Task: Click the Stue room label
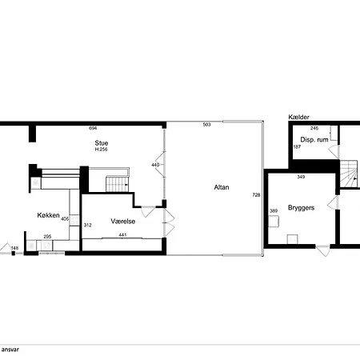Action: pos(102,142)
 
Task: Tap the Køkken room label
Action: pos(48,215)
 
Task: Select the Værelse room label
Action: pos(123,221)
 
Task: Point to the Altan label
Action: pos(222,187)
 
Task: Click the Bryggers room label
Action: pos(301,208)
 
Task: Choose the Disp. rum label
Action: pos(314,139)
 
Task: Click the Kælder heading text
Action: pos(298,117)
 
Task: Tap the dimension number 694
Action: pos(93,128)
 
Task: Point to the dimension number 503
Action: pos(206,125)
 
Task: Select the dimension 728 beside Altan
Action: pos(256,195)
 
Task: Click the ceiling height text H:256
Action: pos(102,150)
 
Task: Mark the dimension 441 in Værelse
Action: pos(122,235)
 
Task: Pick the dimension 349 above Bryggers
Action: pos(301,177)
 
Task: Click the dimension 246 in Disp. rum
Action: pos(314,128)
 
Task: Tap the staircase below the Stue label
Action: pos(118,184)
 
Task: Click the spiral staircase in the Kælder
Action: pos(349,174)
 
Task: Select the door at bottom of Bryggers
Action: pos(323,250)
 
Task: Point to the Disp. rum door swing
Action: pos(334,152)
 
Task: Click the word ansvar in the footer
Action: pos(10,350)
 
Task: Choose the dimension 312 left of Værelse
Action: pos(87,225)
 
